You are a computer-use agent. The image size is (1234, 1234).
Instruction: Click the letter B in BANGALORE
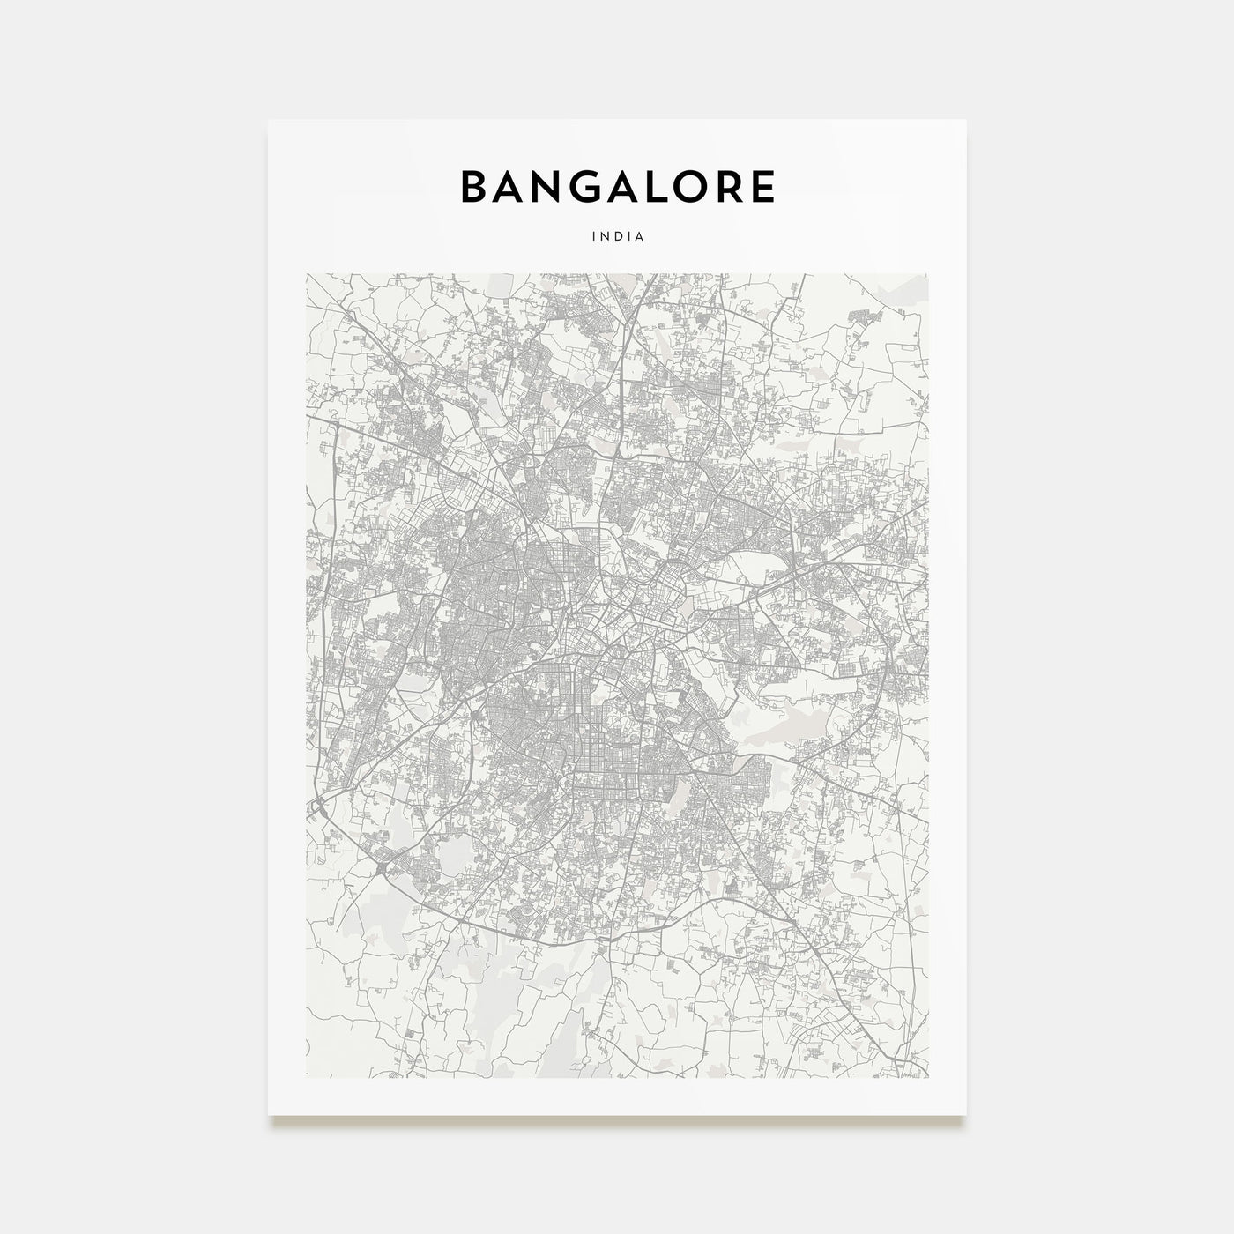point(474,186)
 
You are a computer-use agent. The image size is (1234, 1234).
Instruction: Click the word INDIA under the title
point(618,236)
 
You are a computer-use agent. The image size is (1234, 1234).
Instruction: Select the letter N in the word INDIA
point(605,236)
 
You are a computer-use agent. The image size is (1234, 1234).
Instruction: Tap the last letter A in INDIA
point(639,236)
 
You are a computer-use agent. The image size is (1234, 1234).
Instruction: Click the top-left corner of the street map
point(307,273)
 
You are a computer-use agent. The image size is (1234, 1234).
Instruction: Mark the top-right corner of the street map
point(927,273)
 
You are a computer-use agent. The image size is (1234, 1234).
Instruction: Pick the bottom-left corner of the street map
point(307,1077)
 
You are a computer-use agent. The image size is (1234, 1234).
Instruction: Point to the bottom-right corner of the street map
point(927,1077)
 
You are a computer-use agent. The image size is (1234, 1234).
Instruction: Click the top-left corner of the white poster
point(269,120)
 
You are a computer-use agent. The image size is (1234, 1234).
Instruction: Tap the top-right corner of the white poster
point(966,120)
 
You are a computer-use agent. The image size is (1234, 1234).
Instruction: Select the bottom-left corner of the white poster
point(269,1115)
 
